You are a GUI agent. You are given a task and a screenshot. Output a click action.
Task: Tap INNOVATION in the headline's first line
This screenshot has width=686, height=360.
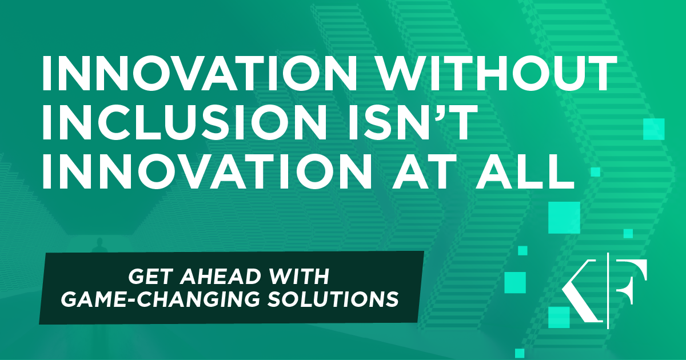click(200, 73)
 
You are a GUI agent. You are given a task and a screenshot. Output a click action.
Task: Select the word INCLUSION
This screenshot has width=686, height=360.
click(184, 122)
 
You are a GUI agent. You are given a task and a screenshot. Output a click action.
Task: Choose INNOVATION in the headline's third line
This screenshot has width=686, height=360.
click(207, 170)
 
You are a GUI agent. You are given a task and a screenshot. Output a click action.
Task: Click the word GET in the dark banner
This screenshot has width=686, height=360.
click(150, 277)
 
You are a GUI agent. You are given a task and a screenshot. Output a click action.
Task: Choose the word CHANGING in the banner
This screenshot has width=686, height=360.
click(198, 299)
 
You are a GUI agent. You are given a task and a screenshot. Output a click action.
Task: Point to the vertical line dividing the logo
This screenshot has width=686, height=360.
click(608, 291)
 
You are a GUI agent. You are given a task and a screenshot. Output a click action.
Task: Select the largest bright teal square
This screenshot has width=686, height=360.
click(564, 218)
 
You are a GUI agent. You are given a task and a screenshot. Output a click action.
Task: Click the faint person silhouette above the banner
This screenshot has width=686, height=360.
click(99, 245)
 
